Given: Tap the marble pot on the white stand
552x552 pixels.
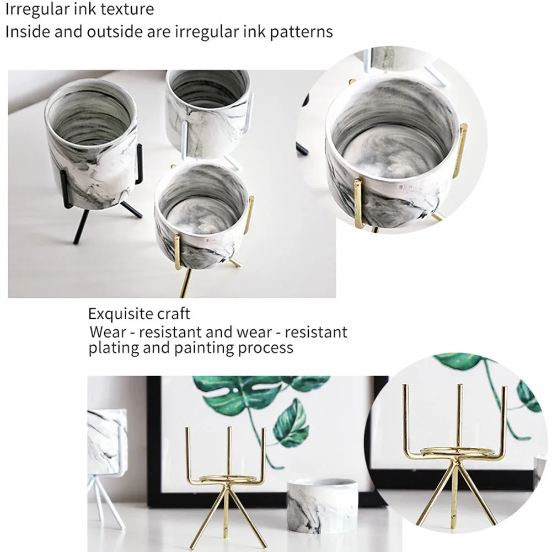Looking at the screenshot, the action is (x=208, y=112).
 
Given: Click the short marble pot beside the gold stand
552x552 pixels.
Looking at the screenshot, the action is (x=321, y=505).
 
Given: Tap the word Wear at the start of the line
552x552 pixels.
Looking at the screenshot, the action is (x=108, y=332).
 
